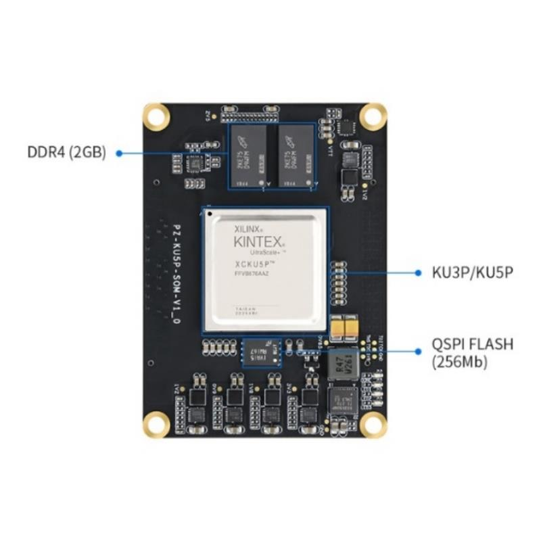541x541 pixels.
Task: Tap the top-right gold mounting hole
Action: (372, 115)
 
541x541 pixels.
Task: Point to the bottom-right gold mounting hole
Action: (372, 424)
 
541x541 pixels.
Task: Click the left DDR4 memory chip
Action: (248, 156)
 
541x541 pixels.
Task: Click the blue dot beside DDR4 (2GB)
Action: (119, 153)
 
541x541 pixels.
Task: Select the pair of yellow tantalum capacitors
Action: (345, 328)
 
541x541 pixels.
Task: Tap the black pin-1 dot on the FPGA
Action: (210, 214)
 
